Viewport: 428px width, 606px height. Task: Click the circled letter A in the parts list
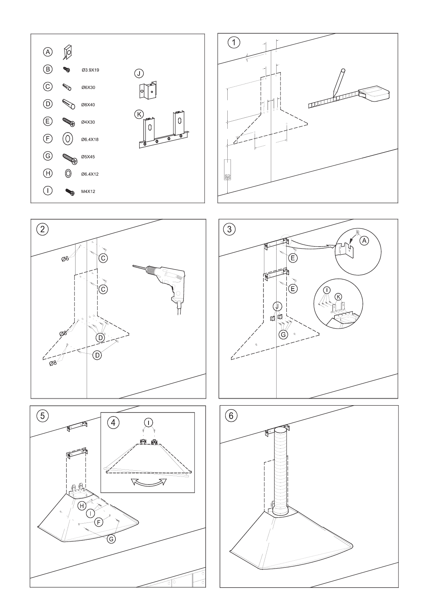point(48,52)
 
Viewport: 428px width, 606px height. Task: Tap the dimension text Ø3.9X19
point(90,70)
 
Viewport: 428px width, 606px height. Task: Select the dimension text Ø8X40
point(88,105)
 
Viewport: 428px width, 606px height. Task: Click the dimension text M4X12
point(88,191)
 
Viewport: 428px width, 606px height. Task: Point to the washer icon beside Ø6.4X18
point(68,139)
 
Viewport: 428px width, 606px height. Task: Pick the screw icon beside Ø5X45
point(69,157)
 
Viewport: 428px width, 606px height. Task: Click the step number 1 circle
point(234,42)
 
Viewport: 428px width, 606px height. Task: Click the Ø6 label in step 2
point(65,258)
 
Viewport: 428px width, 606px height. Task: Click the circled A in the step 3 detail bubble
point(364,240)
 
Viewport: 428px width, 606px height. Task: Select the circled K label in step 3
point(338,297)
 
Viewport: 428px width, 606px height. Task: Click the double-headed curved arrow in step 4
point(149,482)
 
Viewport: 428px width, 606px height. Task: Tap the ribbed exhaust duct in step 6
point(281,471)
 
